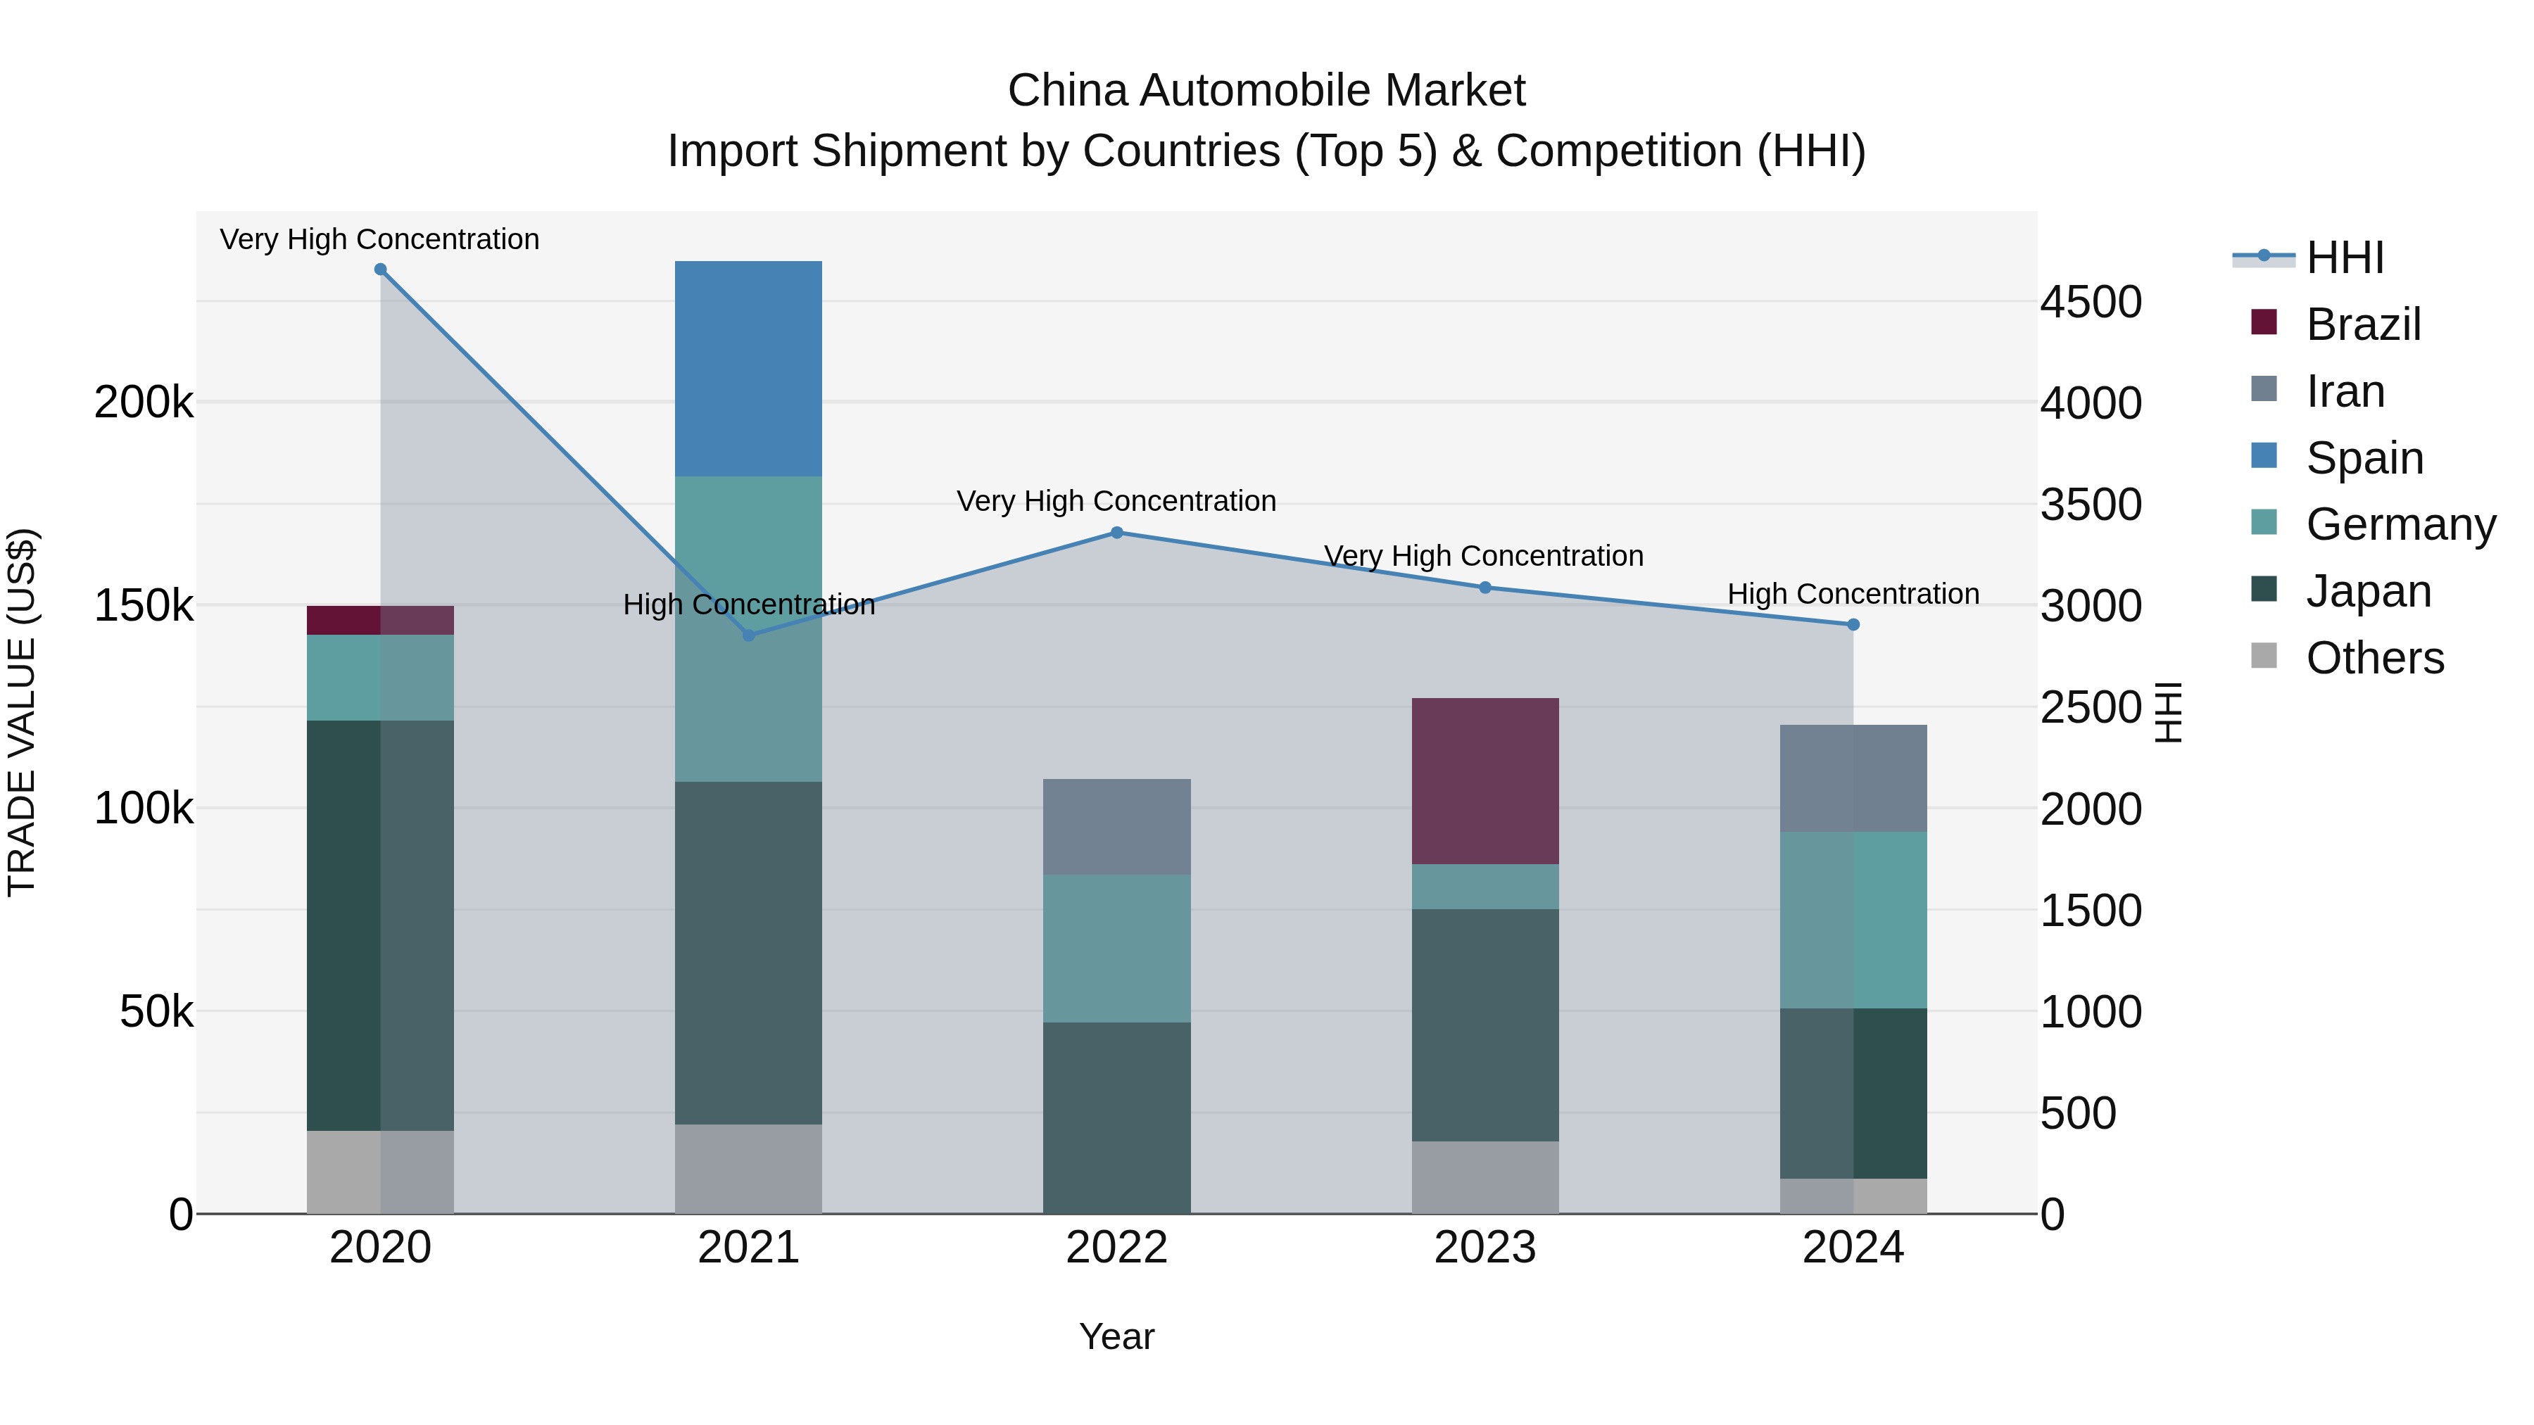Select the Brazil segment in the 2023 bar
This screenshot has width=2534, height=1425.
click(x=1485, y=781)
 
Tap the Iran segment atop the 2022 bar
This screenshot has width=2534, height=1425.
click(x=1116, y=826)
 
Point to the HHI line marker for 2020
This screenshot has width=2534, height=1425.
click(x=381, y=270)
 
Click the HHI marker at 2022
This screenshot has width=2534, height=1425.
click(x=1116, y=533)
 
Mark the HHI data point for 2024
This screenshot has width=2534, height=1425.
click(x=1853, y=624)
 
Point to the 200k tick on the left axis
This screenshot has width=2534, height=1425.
click(x=144, y=403)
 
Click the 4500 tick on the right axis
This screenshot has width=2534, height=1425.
click(x=2091, y=302)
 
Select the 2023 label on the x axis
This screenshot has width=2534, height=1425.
click(x=1485, y=1248)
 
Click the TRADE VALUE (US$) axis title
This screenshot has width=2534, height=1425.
click(x=22, y=712)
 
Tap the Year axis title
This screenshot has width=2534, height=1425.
click(x=1116, y=1336)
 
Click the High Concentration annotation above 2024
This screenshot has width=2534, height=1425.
click(x=1853, y=594)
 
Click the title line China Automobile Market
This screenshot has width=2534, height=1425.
click(x=1266, y=91)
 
